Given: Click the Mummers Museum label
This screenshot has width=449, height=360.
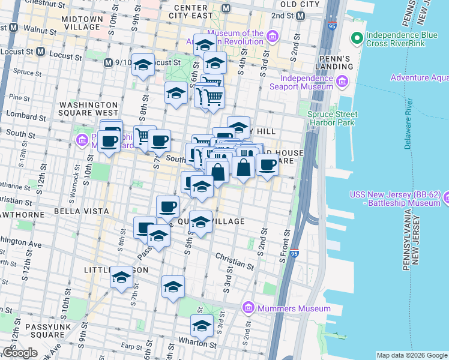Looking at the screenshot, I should pos(294,308).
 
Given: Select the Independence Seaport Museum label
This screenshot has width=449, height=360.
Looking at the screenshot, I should pos(306,82).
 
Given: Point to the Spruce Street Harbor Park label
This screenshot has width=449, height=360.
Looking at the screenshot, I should pos(332,118).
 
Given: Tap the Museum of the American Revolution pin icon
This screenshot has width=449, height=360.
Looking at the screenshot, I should pos(273,38).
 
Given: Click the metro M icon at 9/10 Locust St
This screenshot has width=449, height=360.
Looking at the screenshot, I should pos(108,62).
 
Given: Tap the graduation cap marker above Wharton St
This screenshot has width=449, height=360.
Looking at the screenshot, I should pos(202,326).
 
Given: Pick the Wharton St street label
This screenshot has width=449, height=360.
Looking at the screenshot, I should pos(203,344).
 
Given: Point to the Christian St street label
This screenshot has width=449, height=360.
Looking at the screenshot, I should pos(231,260).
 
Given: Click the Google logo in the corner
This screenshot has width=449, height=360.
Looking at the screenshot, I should pos(20,353).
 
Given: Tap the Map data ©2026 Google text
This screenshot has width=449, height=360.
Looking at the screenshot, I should pos(412,355).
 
